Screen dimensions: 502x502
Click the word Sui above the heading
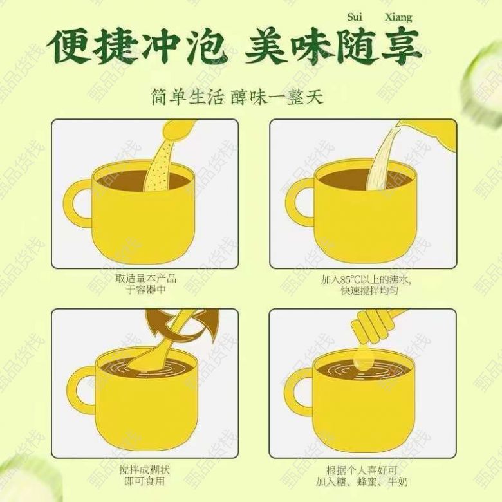point(355,17)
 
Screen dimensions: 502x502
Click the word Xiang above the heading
point(398,17)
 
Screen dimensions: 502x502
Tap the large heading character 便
point(69,47)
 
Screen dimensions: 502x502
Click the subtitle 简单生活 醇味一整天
point(237,97)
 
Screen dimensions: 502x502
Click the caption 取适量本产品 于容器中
point(146,284)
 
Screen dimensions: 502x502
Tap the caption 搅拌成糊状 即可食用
point(145,475)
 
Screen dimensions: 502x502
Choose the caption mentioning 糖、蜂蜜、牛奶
point(362,476)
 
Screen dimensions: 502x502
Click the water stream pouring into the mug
point(382,161)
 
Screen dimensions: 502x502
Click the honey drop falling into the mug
point(364,358)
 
